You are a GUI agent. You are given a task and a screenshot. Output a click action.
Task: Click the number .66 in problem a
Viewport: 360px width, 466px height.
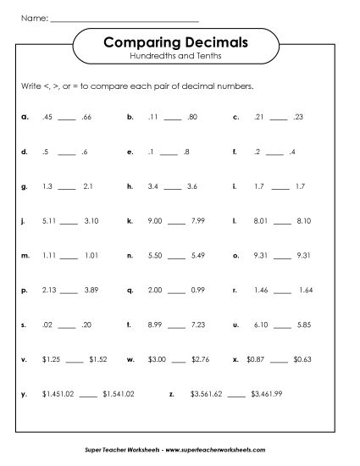[89, 119]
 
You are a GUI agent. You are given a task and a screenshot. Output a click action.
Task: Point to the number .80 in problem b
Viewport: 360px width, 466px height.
[193, 119]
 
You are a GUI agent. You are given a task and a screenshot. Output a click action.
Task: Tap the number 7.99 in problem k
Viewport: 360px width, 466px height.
[197, 219]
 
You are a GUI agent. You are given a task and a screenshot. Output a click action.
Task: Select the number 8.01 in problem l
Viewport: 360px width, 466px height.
[260, 219]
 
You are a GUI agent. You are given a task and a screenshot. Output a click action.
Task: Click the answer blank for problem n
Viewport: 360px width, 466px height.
[175, 256]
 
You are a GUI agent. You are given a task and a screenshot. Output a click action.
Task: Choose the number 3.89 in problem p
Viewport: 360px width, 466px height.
[91, 289]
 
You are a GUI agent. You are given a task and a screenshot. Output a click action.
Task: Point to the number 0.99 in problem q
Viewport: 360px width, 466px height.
[197, 289]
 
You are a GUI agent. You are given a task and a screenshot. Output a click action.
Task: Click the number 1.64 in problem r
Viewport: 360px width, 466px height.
[306, 289]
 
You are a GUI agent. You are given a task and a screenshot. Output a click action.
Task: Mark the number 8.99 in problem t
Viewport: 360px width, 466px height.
[154, 324]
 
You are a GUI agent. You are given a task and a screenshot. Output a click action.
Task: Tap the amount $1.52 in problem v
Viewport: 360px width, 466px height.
[98, 358]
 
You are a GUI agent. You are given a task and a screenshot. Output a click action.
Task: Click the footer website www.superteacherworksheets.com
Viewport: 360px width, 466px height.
[223, 450]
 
